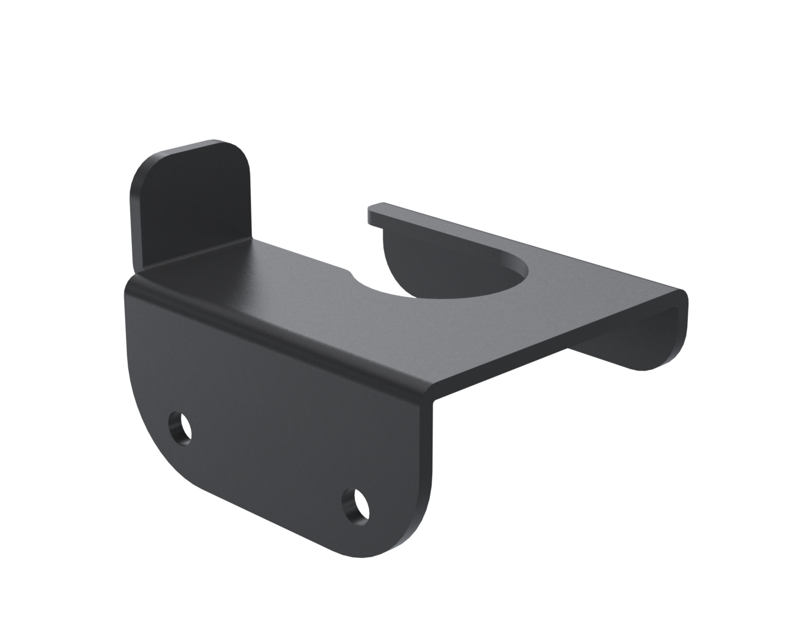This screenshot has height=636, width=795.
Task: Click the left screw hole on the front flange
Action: pyautogui.click(x=180, y=426)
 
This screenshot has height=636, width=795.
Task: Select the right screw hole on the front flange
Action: pyautogui.click(x=356, y=505)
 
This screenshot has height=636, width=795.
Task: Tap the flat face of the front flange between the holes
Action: pyautogui.click(x=271, y=448)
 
